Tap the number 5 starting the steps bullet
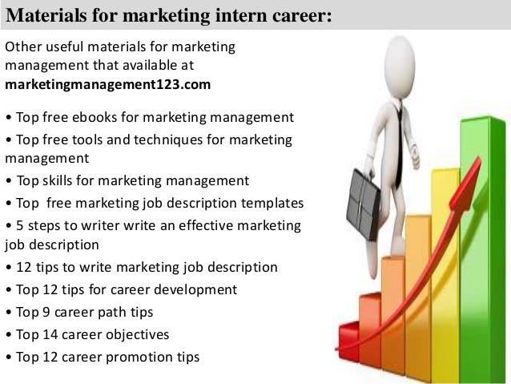(x=17, y=224)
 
